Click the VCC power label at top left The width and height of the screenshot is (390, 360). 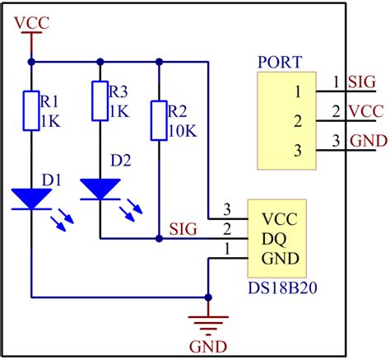[x=32, y=22]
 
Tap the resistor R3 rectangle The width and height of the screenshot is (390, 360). [x=100, y=99]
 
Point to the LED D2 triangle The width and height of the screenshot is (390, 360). [x=100, y=189]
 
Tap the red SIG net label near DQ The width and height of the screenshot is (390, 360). [x=183, y=228]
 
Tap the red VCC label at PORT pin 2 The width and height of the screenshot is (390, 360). [x=364, y=110]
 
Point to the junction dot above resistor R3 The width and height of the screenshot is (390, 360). [x=100, y=61]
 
